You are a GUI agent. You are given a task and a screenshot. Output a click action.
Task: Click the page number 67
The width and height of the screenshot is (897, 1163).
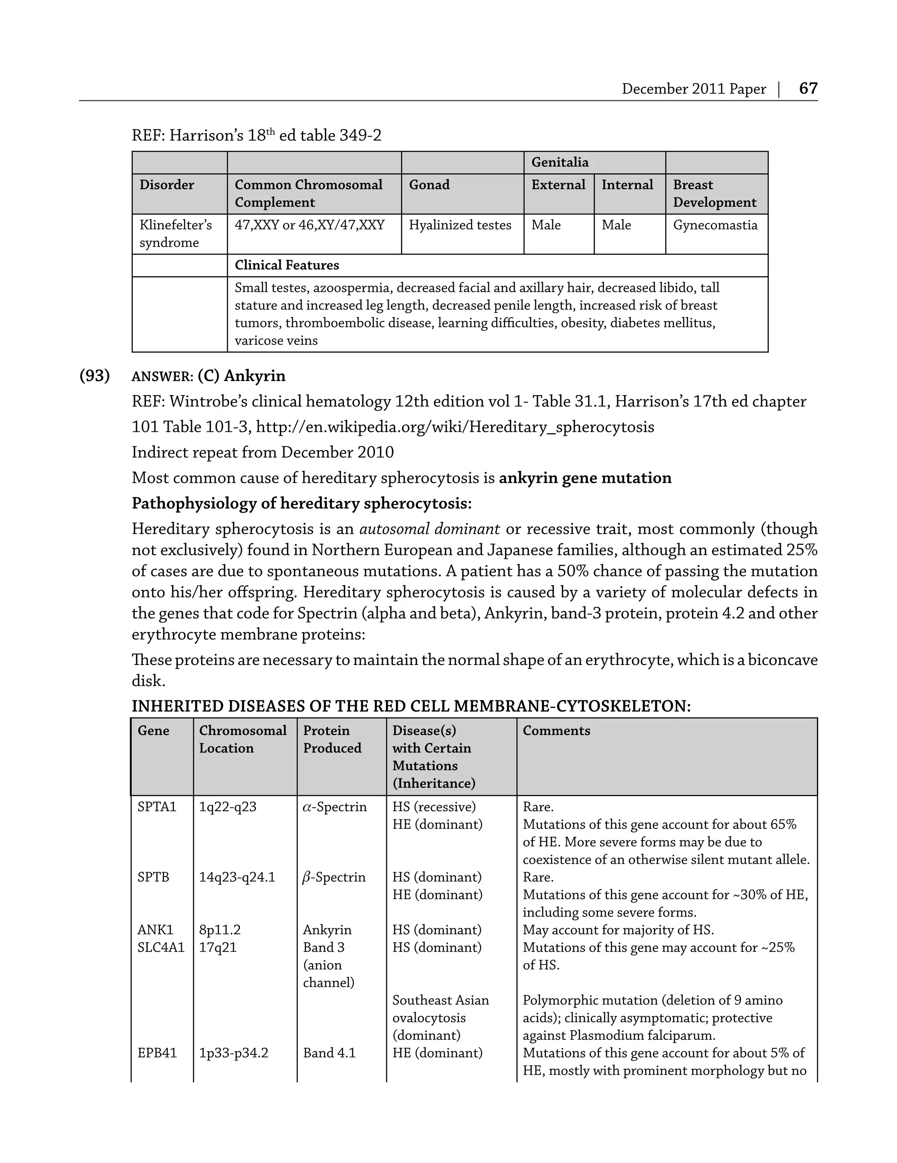point(808,88)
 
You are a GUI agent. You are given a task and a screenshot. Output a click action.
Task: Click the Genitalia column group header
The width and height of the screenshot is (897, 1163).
point(559,163)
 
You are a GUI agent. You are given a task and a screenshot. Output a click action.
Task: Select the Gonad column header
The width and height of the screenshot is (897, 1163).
point(429,185)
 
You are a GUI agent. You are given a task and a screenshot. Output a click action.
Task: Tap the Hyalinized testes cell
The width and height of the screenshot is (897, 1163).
point(460,225)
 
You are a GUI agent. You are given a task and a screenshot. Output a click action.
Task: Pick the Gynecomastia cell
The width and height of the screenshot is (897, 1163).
point(715,225)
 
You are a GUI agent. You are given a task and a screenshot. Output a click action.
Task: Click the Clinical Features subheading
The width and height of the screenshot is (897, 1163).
point(286,265)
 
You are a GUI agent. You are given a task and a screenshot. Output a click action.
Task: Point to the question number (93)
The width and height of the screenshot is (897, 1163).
point(94,376)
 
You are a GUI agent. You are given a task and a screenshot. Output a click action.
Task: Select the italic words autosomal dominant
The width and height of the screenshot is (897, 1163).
point(429,529)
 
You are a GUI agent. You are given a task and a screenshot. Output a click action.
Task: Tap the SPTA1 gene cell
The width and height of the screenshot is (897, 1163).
point(156,807)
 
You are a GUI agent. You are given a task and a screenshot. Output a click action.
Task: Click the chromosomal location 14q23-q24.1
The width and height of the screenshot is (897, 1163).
point(237,877)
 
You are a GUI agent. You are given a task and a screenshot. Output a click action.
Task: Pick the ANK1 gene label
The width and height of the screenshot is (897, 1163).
point(155,930)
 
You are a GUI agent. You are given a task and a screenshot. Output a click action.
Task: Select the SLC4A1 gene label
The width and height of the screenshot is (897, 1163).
point(161,947)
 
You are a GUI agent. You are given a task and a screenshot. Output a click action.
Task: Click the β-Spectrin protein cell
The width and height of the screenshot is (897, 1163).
point(334,877)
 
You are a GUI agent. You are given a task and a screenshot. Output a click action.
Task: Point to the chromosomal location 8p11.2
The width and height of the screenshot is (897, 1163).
point(219,930)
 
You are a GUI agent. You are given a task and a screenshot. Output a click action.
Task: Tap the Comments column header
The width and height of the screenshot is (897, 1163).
point(556,731)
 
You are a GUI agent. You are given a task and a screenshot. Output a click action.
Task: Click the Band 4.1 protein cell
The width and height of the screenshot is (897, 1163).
point(329,1053)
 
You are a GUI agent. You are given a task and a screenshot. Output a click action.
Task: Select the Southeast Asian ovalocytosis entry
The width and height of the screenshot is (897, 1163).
point(440,1018)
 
